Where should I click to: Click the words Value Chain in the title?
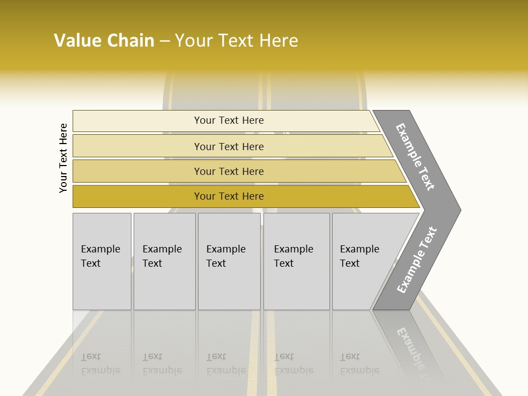(104, 41)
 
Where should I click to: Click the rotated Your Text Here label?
(63, 158)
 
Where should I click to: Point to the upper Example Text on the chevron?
(415, 157)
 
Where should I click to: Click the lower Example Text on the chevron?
(416, 260)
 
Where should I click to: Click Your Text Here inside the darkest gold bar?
(229, 196)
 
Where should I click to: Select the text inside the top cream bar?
(229, 120)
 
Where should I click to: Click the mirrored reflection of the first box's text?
(100, 364)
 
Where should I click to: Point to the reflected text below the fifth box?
(359, 364)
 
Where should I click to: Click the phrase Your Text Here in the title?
(237, 41)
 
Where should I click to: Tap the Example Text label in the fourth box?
(293, 256)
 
